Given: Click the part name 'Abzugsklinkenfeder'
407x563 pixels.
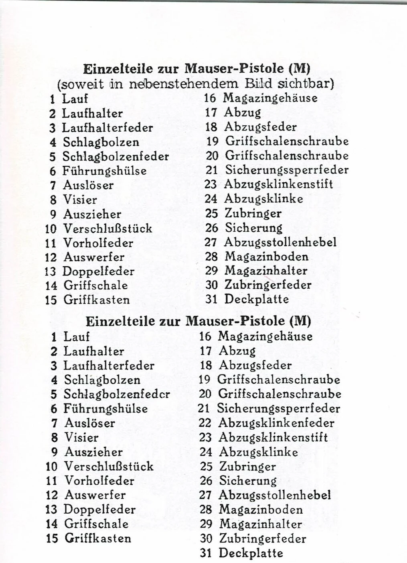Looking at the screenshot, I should coord(276,423).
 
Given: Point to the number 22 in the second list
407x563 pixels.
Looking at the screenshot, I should coord(205,423).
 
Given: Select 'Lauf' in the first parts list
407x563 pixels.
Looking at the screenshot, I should coord(75,99).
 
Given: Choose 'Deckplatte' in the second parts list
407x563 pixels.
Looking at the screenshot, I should coord(251,553).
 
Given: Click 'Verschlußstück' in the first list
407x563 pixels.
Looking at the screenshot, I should coord(107,228).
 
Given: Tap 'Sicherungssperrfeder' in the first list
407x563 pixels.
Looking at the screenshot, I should coord(287,170).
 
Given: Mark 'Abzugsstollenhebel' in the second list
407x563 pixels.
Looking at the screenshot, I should coord(275,495).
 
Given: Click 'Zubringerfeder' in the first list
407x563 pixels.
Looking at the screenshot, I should coord(268,285).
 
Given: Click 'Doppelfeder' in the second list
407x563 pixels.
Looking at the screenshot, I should coord(100,509).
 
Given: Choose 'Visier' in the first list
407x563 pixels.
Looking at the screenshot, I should coord(80,200).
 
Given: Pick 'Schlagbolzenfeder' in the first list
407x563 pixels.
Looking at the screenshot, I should coord(115,156).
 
